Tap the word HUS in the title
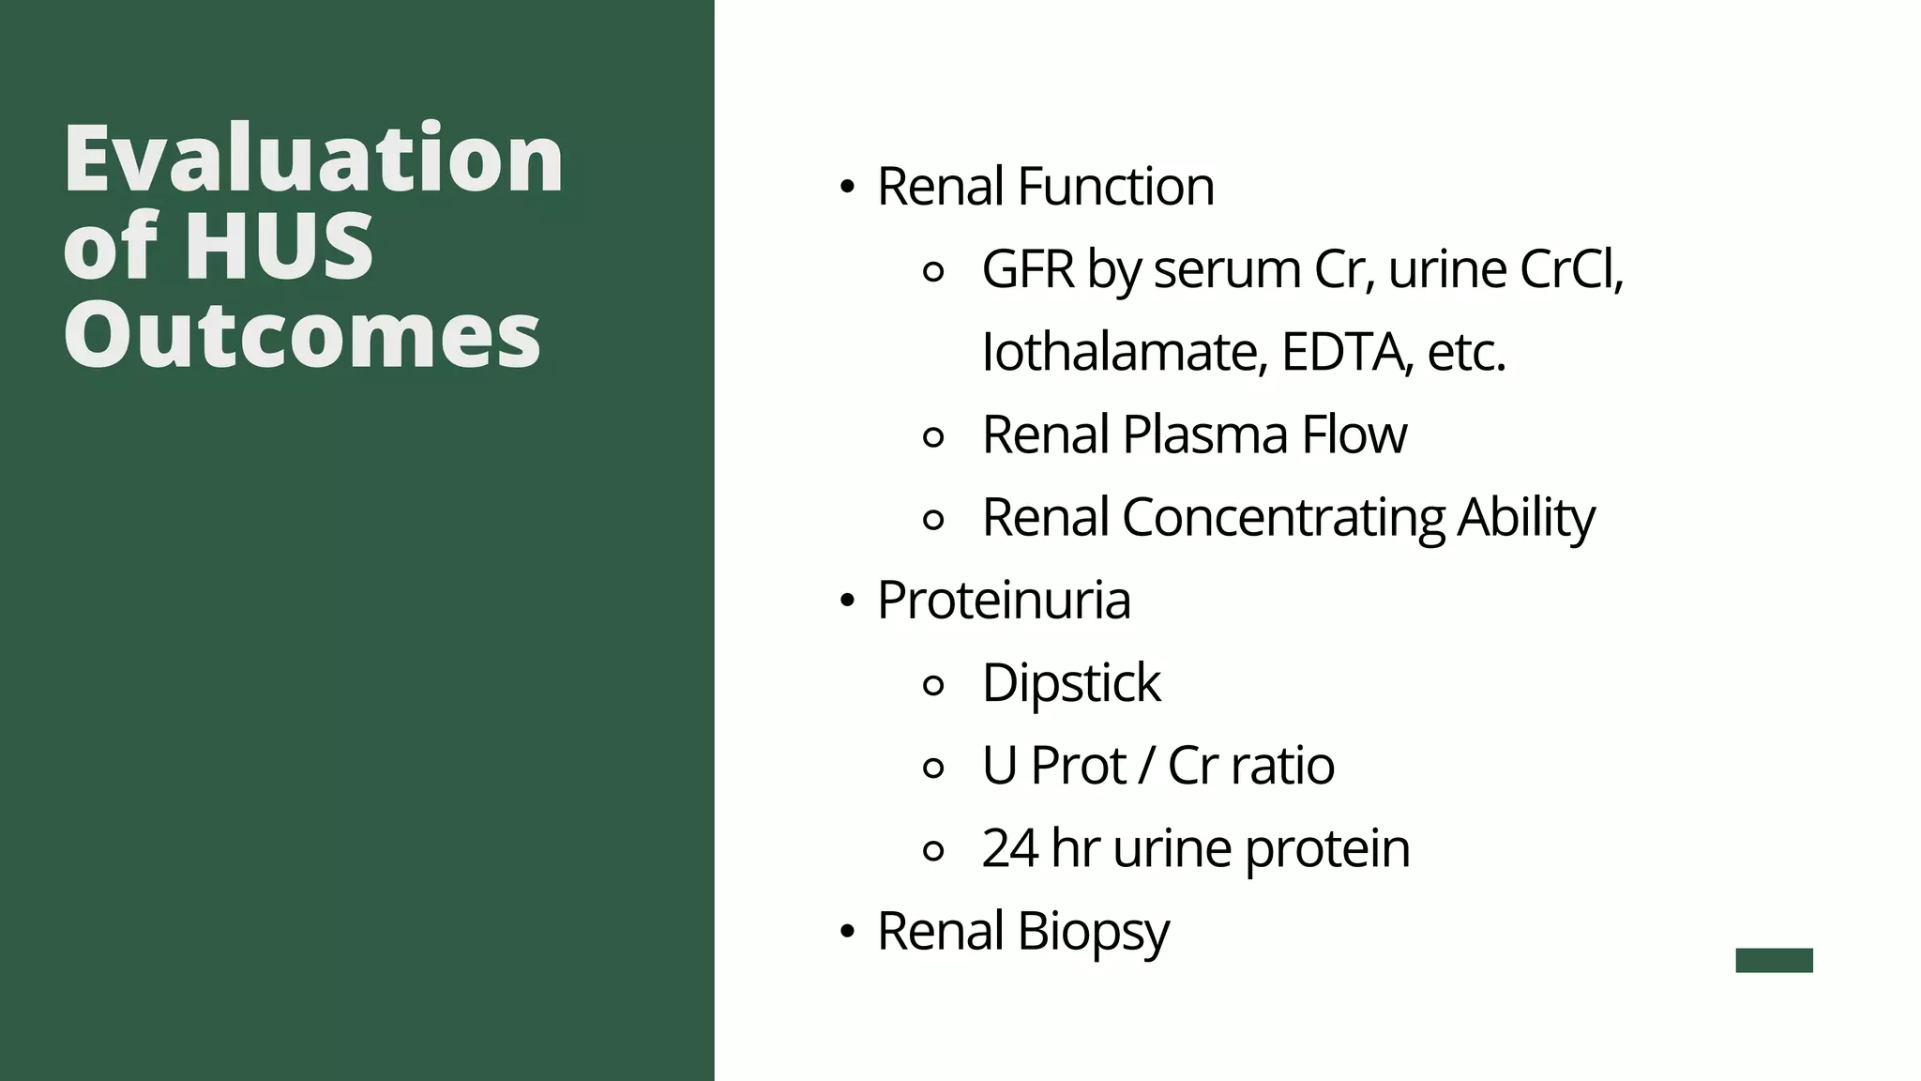[280, 246]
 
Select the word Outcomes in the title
[302, 335]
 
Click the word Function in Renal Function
[1115, 186]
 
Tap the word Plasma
[1204, 434]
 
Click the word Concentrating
[1283, 517]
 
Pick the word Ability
[1525, 517]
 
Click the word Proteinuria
[1004, 600]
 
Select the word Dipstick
[1071, 682]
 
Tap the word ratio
[1282, 765]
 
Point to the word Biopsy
[1093, 932]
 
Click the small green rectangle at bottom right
[1774, 960]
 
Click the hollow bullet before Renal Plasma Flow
[933, 436]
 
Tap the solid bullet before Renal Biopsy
[848, 933]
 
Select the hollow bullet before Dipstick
[933, 685]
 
